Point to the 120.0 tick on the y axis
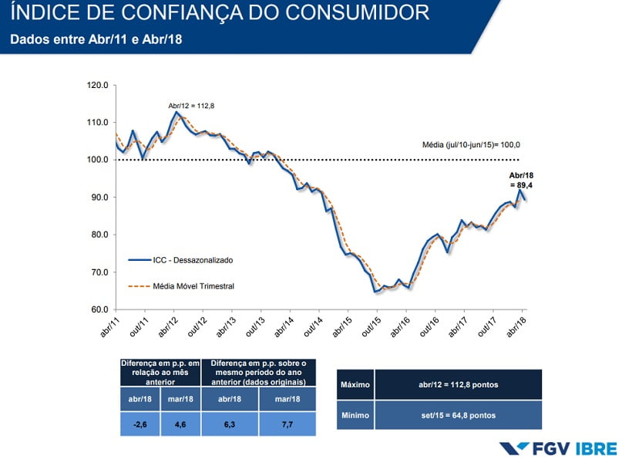(98, 85)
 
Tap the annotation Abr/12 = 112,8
(192, 106)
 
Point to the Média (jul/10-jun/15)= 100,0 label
(472, 144)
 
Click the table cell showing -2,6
(140, 424)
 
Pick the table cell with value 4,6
(181, 424)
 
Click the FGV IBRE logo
(558, 448)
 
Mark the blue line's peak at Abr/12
(177, 113)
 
